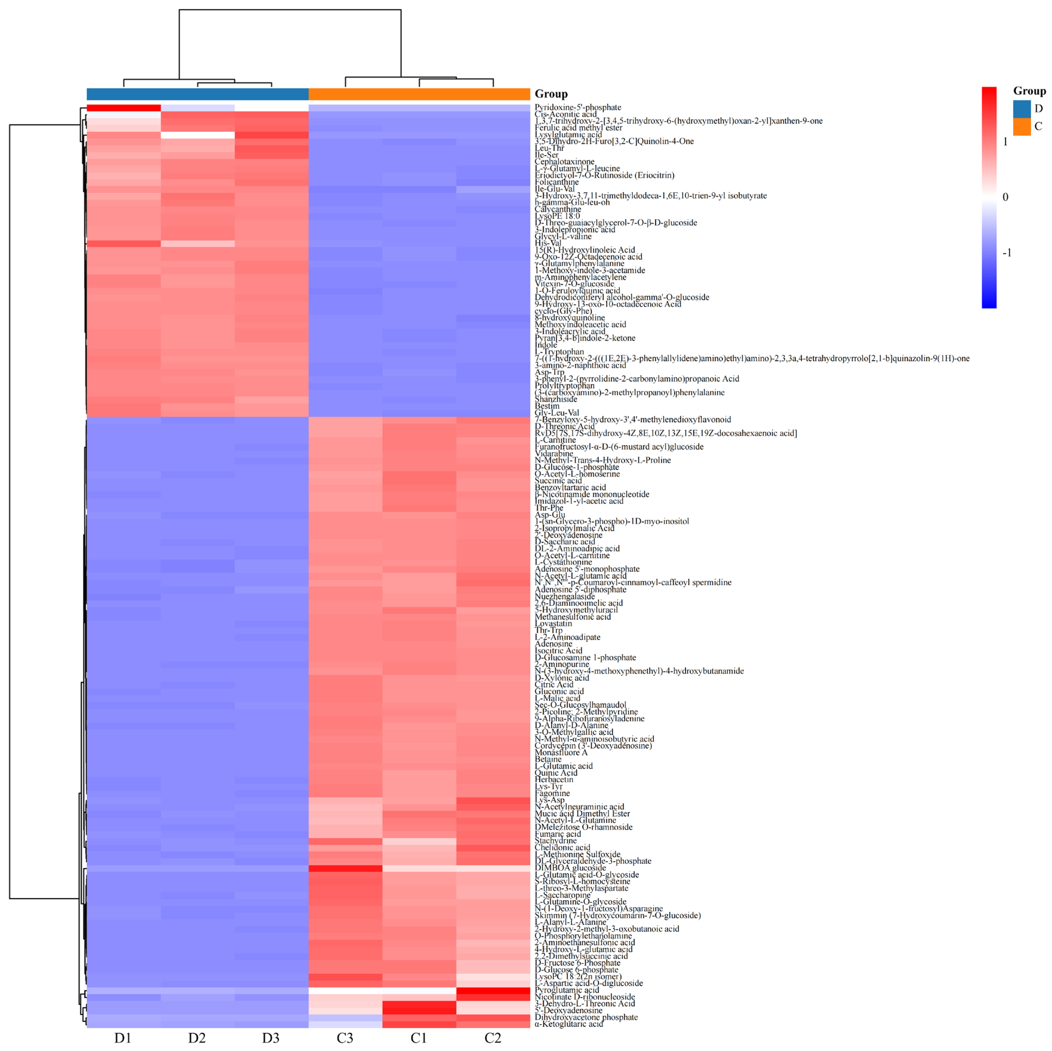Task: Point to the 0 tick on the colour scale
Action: click(x=1005, y=197)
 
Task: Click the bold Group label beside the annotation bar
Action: click(x=551, y=94)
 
